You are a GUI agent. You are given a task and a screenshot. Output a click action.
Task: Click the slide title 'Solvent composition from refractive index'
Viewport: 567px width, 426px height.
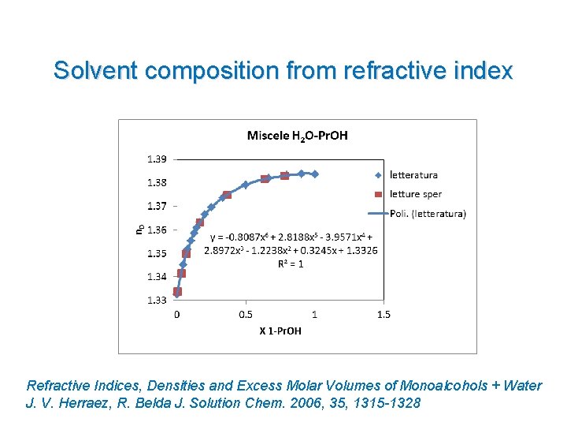point(283,71)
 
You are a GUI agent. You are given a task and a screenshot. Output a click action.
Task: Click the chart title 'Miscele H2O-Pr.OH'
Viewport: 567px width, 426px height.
point(297,136)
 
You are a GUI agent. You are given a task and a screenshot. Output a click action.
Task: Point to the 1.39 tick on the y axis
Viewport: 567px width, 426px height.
point(157,159)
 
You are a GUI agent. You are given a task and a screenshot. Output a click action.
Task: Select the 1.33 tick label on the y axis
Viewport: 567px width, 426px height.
point(157,300)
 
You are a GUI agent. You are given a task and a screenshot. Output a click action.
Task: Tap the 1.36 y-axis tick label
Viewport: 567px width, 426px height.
point(157,230)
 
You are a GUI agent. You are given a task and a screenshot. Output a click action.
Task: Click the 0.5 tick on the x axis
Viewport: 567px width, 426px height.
point(245,314)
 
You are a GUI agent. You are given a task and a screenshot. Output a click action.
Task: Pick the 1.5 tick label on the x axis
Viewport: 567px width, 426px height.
point(383,314)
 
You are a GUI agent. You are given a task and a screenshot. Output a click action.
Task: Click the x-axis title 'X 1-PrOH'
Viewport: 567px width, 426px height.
point(280,331)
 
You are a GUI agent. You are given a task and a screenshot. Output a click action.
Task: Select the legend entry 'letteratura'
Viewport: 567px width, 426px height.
point(413,175)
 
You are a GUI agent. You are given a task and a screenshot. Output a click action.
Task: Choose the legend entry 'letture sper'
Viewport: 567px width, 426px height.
point(416,194)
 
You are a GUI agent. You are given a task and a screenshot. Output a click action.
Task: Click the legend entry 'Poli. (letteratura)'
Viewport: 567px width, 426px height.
point(428,213)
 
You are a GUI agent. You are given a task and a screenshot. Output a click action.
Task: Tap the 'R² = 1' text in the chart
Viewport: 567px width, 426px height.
point(290,263)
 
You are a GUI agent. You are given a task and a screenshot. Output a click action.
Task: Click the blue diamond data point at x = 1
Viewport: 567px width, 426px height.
point(315,174)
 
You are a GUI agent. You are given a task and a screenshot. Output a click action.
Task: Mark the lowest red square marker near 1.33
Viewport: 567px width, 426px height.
point(178,292)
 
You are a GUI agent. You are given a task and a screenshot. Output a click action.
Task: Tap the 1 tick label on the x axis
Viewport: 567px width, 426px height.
point(314,314)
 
